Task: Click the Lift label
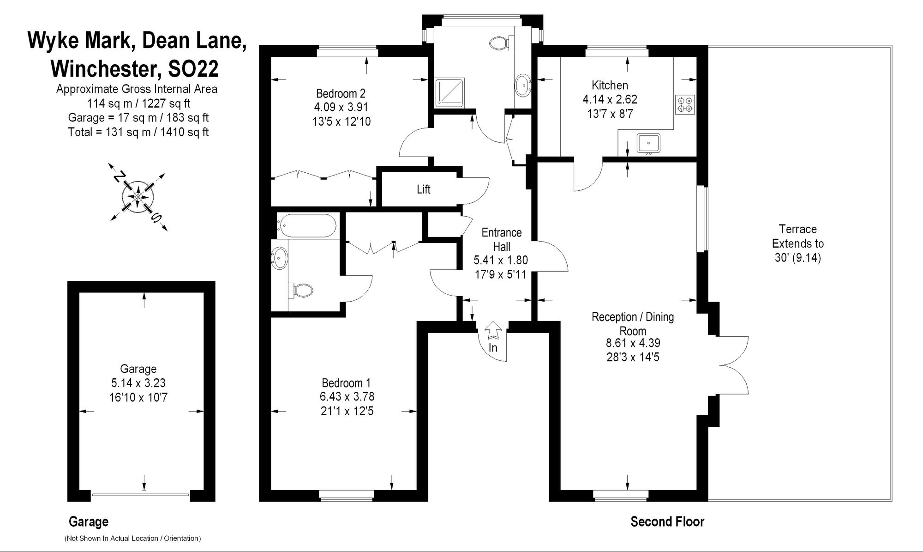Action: point(423,189)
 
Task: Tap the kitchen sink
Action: point(648,143)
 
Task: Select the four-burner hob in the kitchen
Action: point(685,104)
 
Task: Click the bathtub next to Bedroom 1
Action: point(307,225)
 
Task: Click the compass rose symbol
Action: point(138,197)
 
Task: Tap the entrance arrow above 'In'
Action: point(493,331)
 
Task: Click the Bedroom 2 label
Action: point(341,93)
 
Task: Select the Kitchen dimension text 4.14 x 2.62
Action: point(610,99)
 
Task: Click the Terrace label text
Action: point(797,229)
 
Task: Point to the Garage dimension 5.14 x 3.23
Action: point(138,383)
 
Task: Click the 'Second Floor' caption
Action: point(667,522)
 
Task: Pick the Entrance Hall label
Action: point(501,239)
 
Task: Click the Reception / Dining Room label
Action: point(633,324)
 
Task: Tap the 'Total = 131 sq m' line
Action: point(138,133)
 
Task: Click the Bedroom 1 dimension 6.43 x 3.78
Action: point(347,397)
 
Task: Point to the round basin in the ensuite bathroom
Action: point(280,258)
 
